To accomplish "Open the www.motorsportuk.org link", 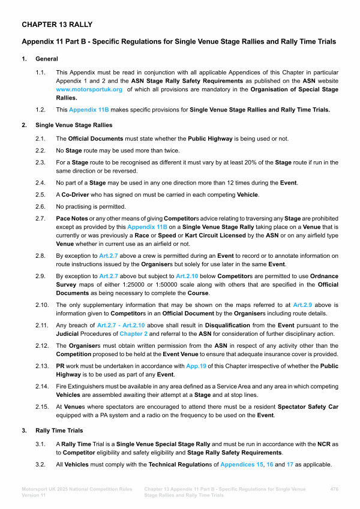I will coord(89,89).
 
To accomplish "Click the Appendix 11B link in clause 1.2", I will coord(88,110).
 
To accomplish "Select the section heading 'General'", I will coord(47,59).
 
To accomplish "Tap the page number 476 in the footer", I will coord(335,489).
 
